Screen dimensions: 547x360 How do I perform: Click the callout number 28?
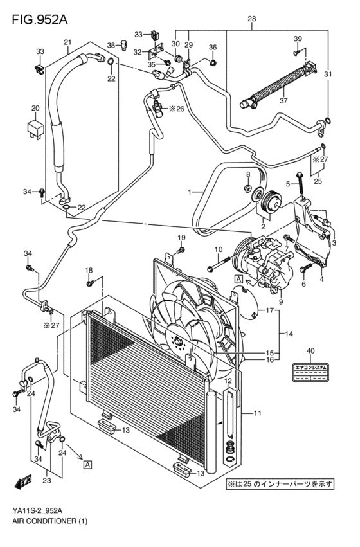coord(252,20)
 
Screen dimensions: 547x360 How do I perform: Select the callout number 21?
coord(67,42)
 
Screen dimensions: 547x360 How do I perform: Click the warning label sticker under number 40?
coord(311,372)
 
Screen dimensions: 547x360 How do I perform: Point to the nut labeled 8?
coord(248,188)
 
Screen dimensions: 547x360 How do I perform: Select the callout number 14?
coord(289,334)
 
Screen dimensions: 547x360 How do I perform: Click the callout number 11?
coord(258,413)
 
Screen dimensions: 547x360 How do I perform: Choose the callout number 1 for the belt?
coord(190,192)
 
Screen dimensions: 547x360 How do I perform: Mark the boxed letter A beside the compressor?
coord(238,279)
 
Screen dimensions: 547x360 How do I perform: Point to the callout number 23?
coord(46,479)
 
